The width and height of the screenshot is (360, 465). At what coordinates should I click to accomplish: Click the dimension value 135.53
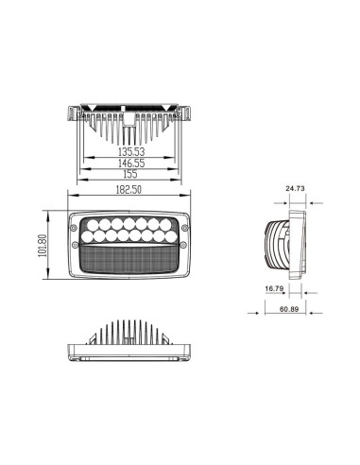coord(130,150)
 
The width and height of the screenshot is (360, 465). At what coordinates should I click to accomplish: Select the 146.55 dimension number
coord(130,163)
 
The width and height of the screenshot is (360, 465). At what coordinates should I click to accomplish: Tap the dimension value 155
coord(130,175)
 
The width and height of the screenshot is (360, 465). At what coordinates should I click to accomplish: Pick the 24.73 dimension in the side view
coord(295,189)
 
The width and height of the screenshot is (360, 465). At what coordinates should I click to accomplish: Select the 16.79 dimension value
coord(274,288)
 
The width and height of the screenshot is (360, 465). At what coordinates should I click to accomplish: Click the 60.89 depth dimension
coord(289,308)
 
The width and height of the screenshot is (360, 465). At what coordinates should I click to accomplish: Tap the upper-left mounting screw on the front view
coord(72,216)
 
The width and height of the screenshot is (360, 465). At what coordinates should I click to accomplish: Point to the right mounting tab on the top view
coord(190,114)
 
